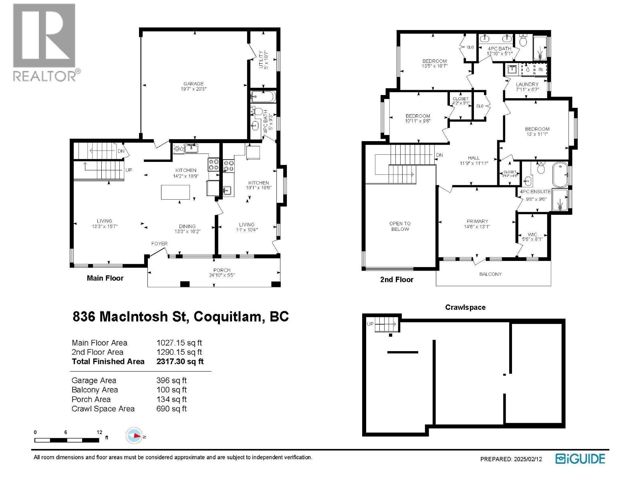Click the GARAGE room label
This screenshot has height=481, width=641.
click(x=194, y=84)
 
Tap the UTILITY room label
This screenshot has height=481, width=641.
click(x=261, y=59)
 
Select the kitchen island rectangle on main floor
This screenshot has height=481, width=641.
click(x=175, y=192)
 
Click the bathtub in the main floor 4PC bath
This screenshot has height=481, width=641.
click(x=263, y=97)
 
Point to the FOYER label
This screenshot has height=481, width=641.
click(x=159, y=243)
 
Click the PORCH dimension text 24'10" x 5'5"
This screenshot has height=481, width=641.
click(x=222, y=275)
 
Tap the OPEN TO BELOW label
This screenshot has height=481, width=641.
click(x=400, y=226)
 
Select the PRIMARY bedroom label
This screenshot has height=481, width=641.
click(x=477, y=221)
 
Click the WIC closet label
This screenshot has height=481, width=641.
click(x=532, y=234)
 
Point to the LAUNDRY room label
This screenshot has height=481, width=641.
click(x=527, y=84)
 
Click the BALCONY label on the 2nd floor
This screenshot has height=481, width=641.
click(x=490, y=274)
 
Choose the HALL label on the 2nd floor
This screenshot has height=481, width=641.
click(x=474, y=158)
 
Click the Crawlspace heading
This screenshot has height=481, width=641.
click(x=465, y=307)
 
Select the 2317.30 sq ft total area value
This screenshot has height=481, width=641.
click(x=180, y=361)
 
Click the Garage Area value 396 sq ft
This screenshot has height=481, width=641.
click(x=171, y=380)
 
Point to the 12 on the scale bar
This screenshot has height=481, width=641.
click(x=99, y=432)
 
